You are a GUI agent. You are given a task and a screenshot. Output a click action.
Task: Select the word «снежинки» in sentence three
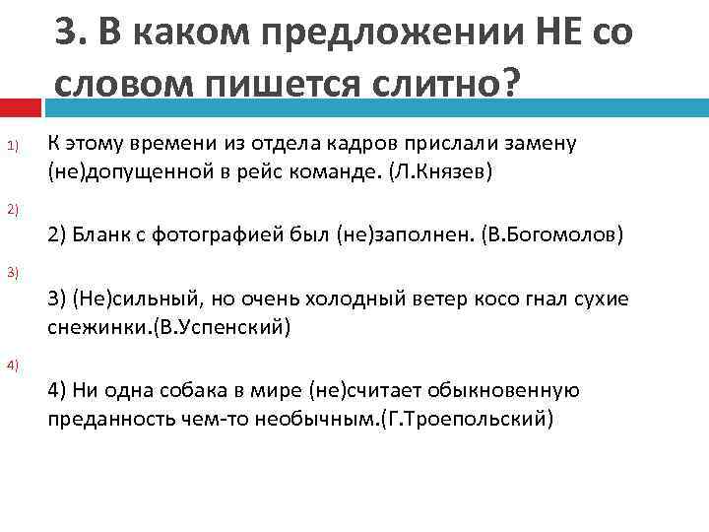click(90, 327)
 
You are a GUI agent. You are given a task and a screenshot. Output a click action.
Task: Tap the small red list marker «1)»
click(12, 148)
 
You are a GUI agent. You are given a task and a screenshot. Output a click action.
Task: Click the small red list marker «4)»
click(12, 366)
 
